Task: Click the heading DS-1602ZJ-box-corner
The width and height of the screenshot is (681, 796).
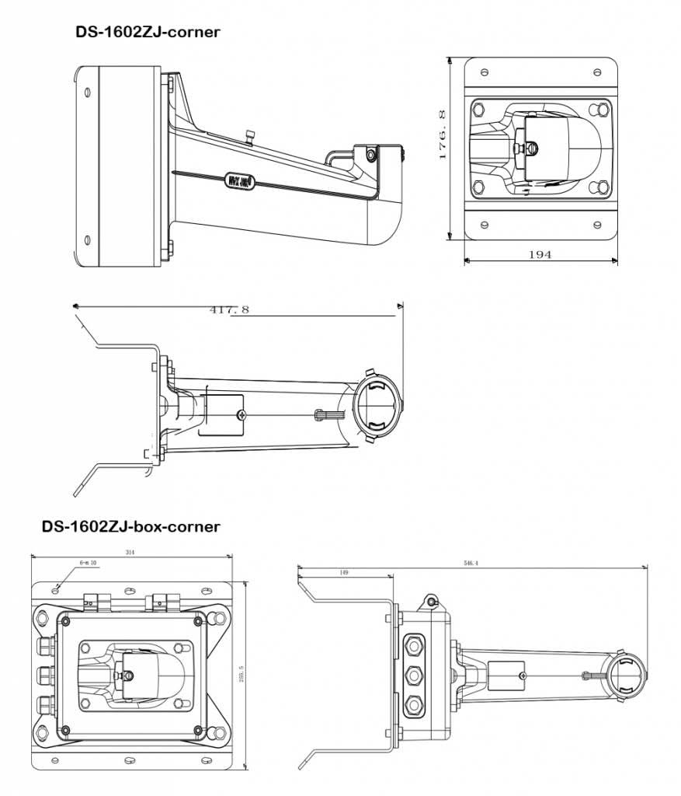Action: click(x=130, y=526)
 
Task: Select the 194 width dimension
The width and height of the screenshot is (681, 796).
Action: click(x=541, y=254)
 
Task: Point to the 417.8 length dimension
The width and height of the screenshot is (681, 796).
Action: click(x=229, y=309)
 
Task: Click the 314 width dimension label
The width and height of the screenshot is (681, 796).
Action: click(x=130, y=552)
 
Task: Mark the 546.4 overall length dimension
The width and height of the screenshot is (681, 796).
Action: click(x=471, y=562)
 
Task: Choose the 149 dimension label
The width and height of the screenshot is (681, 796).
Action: click(x=343, y=572)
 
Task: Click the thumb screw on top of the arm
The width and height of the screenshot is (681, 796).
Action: click(x=250, y=137)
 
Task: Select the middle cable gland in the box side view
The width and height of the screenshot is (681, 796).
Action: click(x=415, y=674)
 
